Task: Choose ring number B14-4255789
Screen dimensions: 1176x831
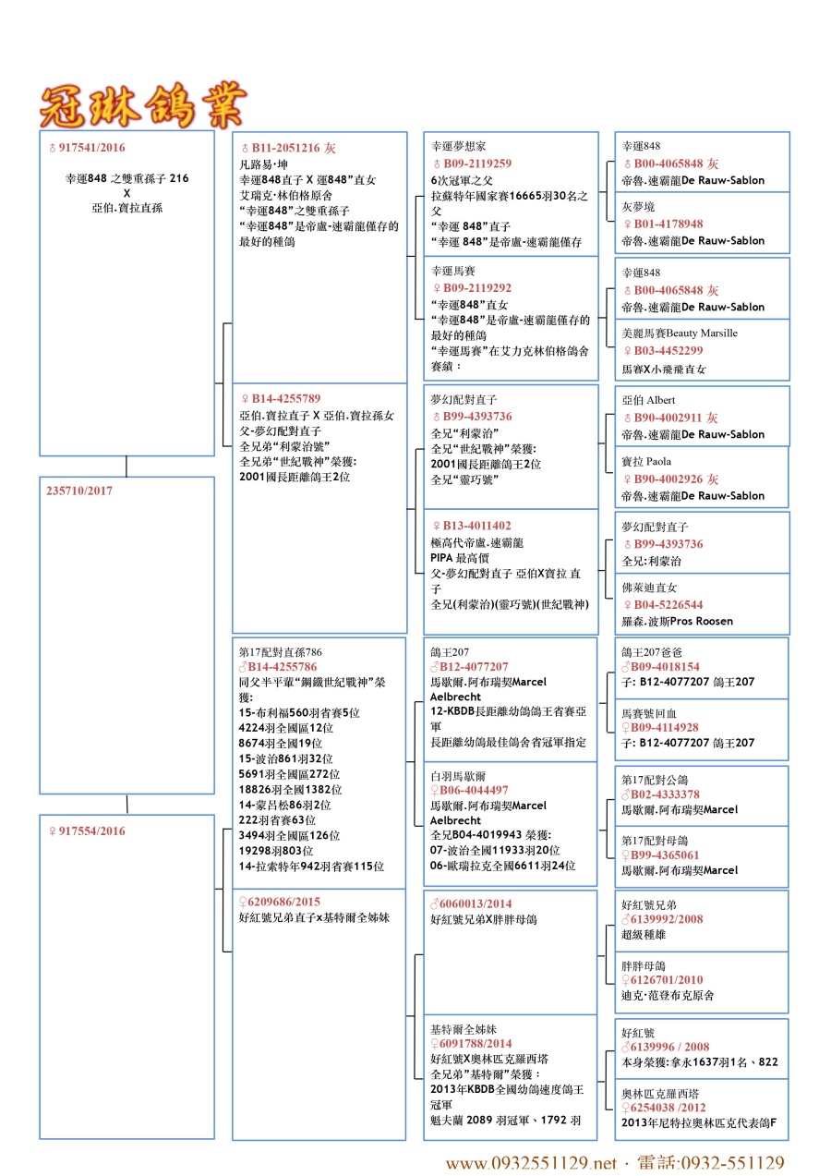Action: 286,399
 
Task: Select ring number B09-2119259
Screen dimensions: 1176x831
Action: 476,163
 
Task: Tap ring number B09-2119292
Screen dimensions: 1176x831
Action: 476,288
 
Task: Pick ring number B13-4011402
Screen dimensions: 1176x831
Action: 476,526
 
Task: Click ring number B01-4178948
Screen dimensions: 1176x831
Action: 668,224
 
